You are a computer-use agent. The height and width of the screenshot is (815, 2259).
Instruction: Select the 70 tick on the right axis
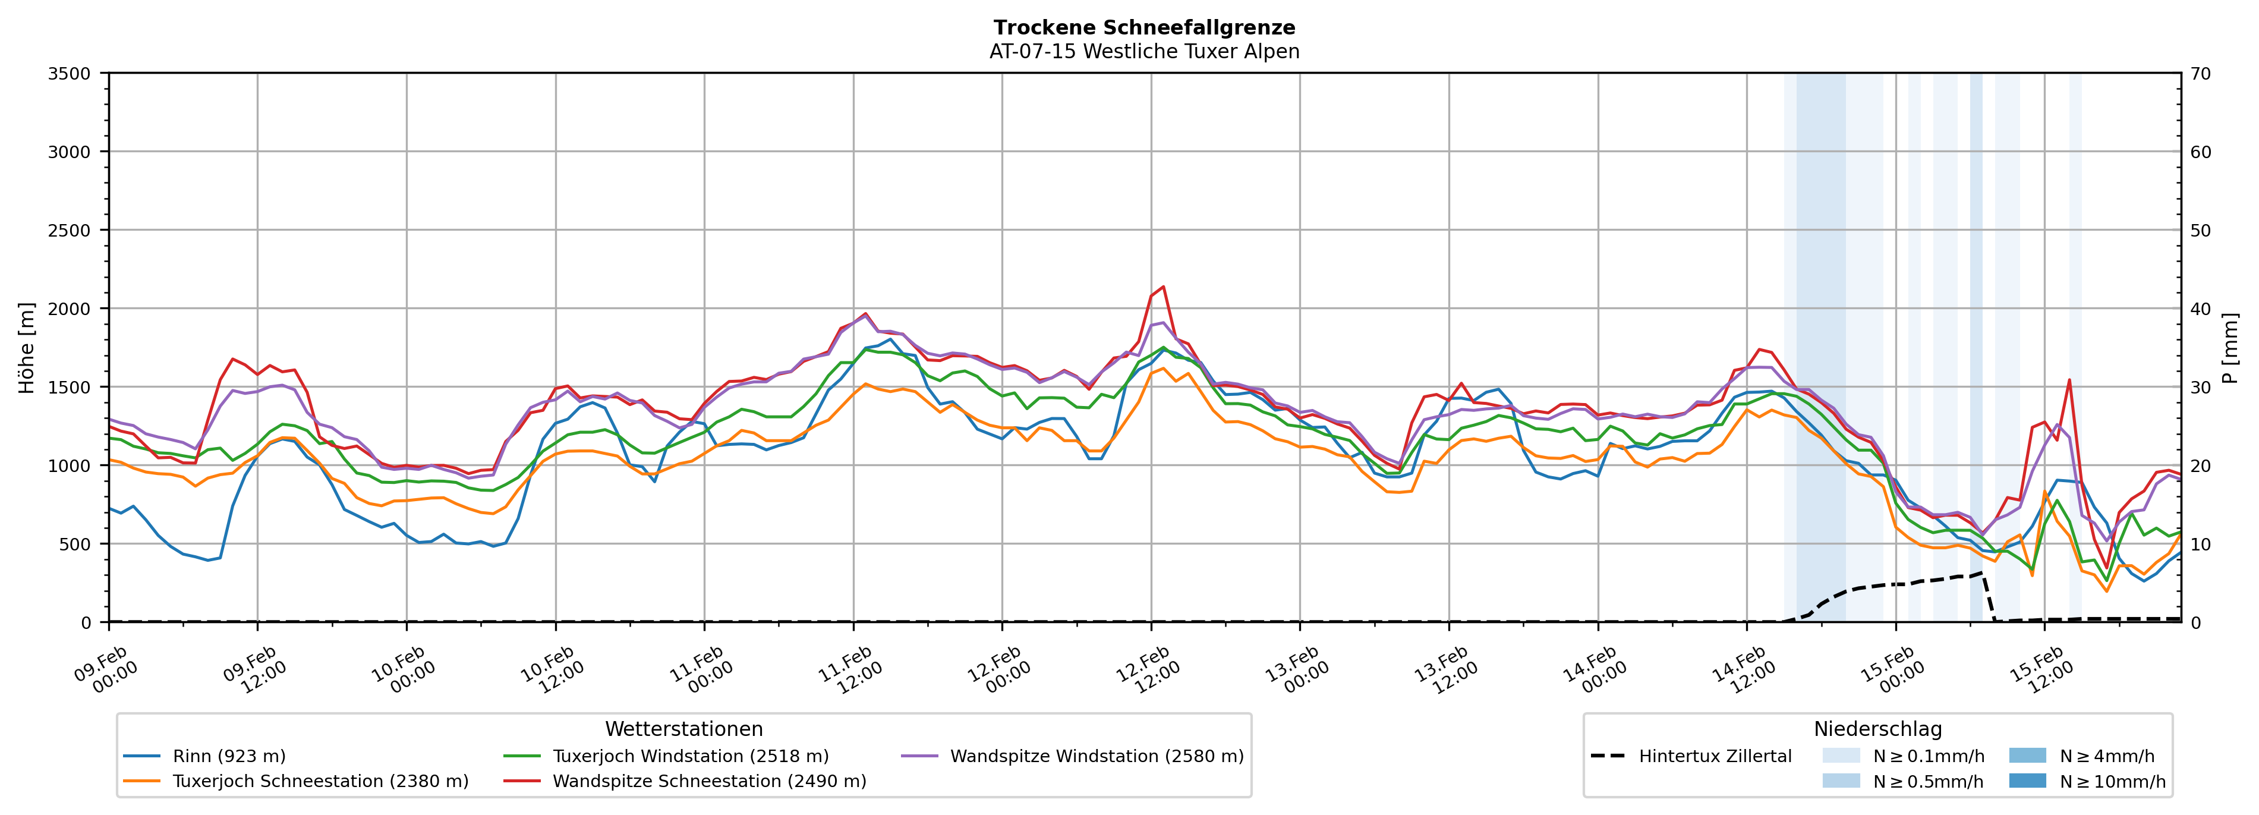point(2200,74)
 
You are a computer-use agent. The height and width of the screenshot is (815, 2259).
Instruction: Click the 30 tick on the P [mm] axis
point(2200,388)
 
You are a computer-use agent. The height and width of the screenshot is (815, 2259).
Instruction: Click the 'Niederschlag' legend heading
point(1877,729)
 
